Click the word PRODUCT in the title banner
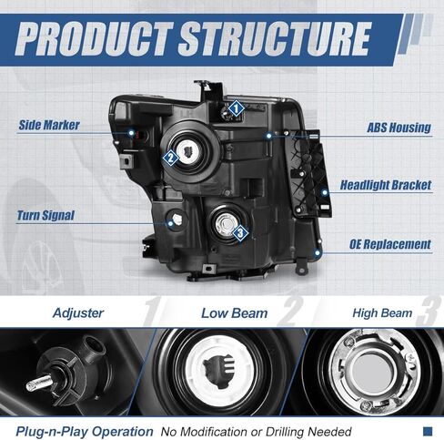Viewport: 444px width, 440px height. [94, 39]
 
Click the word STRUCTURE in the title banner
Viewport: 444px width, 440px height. [276, 39]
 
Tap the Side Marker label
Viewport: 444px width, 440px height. [49, 125]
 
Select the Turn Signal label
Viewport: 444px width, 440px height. [45, 215]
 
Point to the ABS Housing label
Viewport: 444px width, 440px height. [399, 128]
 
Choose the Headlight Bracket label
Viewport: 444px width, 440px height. [386, 185]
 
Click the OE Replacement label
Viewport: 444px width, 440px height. [390, 244]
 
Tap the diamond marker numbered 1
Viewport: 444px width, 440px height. [237, 108]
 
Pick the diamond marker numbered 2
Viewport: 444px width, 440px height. [171, 158]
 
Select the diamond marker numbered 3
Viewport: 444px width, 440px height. [240, 233]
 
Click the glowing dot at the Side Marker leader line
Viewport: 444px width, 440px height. [131, 133]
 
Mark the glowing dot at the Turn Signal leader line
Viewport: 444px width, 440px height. [171, 224]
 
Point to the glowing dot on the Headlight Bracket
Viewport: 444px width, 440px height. [325, 192]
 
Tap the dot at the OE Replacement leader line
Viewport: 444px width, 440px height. [318, 252]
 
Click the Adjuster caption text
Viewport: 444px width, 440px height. [78, 313]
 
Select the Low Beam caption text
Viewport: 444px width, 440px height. [235, 313]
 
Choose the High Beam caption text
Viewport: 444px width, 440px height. [382, 313]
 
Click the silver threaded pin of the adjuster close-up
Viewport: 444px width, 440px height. [39, 383]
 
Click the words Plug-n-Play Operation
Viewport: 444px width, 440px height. [85, 431]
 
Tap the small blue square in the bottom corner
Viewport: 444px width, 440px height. [428, 431]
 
